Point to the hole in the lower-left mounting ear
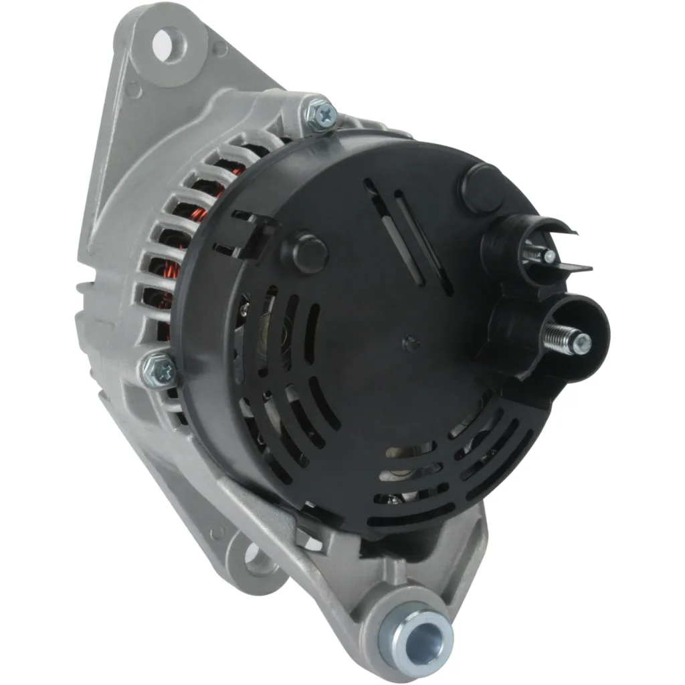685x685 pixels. [x=258, y=559]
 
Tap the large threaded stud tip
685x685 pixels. [x=583, y=344]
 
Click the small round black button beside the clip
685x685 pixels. [x=309, y=252]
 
